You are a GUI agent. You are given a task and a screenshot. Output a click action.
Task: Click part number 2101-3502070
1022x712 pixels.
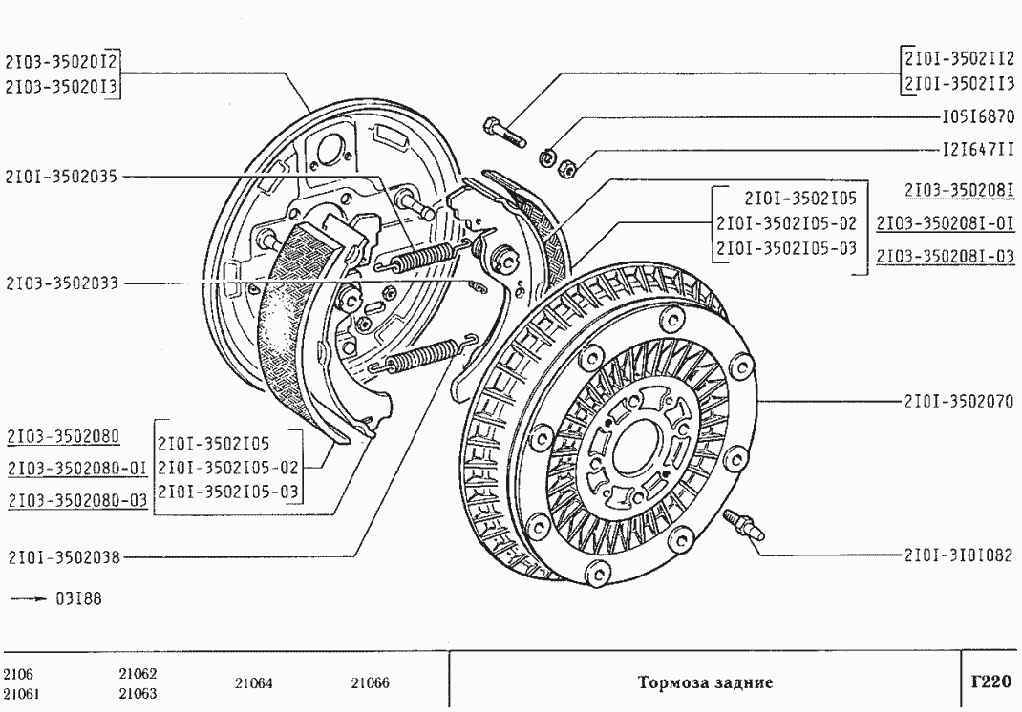(x=957, y=401)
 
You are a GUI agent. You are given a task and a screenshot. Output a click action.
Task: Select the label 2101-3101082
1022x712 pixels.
(x=957, y=554)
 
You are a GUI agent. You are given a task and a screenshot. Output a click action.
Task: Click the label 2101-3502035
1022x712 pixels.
(x=61, y=176)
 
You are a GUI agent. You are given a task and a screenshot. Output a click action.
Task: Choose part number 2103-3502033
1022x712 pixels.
(x=61, y=283)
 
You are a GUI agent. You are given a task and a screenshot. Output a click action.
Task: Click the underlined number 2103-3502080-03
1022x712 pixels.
(x=77, y=500)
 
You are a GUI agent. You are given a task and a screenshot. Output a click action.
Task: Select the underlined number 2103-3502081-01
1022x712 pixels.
(x=944, y=224)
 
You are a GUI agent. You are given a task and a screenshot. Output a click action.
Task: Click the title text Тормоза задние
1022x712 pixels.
(x=704, y=682)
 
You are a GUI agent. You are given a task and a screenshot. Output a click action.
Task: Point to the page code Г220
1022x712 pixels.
(x=990, y=681)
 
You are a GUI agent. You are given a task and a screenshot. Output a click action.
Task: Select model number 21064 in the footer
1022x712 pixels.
(x=253, y=682)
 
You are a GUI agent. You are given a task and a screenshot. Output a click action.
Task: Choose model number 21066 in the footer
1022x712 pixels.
(x=370, y=682)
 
